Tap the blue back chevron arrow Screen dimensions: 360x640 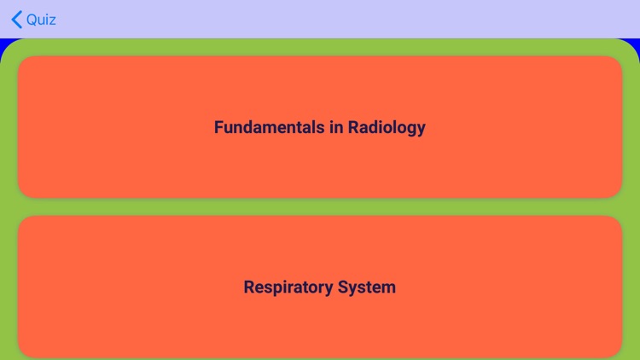[16, 20]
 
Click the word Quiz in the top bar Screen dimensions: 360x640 [41, 20]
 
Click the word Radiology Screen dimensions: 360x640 [387, 127]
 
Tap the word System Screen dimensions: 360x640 [368, 287]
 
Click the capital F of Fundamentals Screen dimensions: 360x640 [218, 127]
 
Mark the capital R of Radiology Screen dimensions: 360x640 [353, 127]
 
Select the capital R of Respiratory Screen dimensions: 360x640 [249, 287]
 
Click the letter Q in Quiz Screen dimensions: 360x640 [32, 20]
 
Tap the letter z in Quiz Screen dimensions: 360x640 [53, 20]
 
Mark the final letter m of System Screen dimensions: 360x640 [389, 287]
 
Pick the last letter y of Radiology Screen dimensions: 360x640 [421, 129]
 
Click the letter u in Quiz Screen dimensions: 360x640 [43, 20]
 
